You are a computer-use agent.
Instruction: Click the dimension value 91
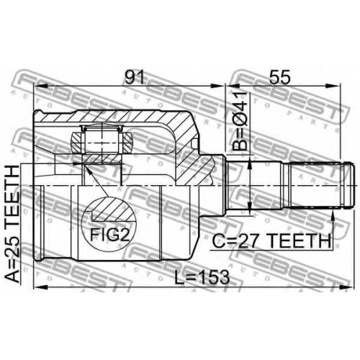(135, 77)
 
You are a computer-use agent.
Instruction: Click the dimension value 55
(279, 77)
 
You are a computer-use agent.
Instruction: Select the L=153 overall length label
(202, 277)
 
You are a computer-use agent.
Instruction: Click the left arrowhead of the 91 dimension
(40, 86)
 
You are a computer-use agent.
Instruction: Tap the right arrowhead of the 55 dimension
(334, 86)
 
